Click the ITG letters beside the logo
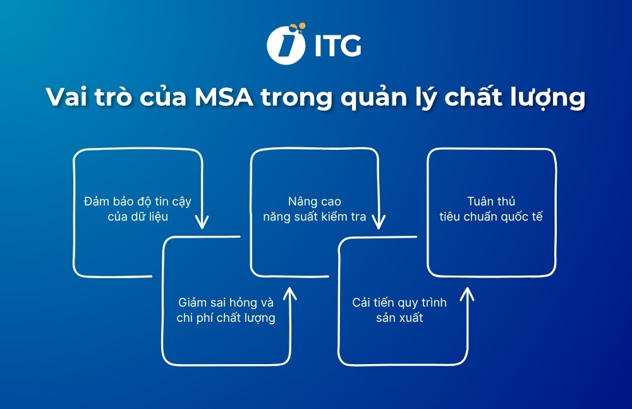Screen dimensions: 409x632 (x=337, y=46)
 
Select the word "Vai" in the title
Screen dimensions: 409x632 (x=68, y=99)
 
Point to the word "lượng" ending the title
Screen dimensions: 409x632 (x=549, y=101)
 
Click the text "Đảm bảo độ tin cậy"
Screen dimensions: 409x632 (x=137, y=202)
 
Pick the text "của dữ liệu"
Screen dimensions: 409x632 (x=137, y=217)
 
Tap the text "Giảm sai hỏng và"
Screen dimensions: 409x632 (x=226, y=302)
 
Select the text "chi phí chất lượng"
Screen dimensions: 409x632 (x=226, y=317)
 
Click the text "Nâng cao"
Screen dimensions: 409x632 (x=314, y=202)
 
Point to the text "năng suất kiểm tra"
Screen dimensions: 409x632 (x=314, y=217)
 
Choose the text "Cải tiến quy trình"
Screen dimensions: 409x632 (x=399, y=302)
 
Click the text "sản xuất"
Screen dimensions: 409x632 (x=399, y=317)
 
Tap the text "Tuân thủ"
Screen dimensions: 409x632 (x=491, y=202)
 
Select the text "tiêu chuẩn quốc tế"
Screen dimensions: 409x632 (x=491, y=217)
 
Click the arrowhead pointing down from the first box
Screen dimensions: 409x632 (x=202, y=222)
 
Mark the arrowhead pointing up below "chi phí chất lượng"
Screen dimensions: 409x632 (x=289, y=293)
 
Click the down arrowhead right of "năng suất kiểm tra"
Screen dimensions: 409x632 (x=378, y=222)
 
